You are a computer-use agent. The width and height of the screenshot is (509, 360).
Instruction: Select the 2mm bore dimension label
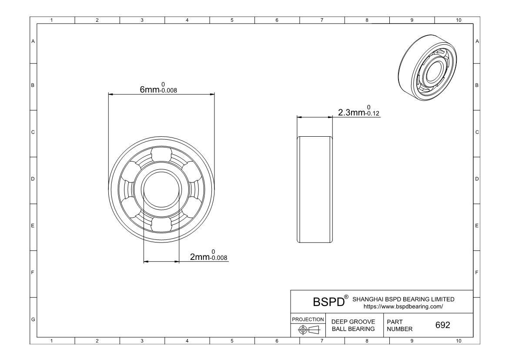(x=208, y=256)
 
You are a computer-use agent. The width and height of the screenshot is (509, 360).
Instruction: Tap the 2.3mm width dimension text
(x=359, y=111)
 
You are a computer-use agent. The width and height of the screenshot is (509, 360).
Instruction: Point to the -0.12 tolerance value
(x=372, y=113)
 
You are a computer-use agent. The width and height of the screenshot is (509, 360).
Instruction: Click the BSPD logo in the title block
(x=328, y=302)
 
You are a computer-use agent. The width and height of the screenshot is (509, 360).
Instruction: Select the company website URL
(x=403, y=306)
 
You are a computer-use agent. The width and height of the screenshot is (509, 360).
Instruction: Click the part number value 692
(x=443, y=325)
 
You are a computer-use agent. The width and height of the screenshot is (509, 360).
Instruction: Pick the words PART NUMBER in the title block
(x=400, y=325)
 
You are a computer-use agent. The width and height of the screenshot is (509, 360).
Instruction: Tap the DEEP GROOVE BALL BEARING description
(x=353, y=325)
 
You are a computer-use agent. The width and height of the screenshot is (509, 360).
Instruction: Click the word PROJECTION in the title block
(x=308, y=320)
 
